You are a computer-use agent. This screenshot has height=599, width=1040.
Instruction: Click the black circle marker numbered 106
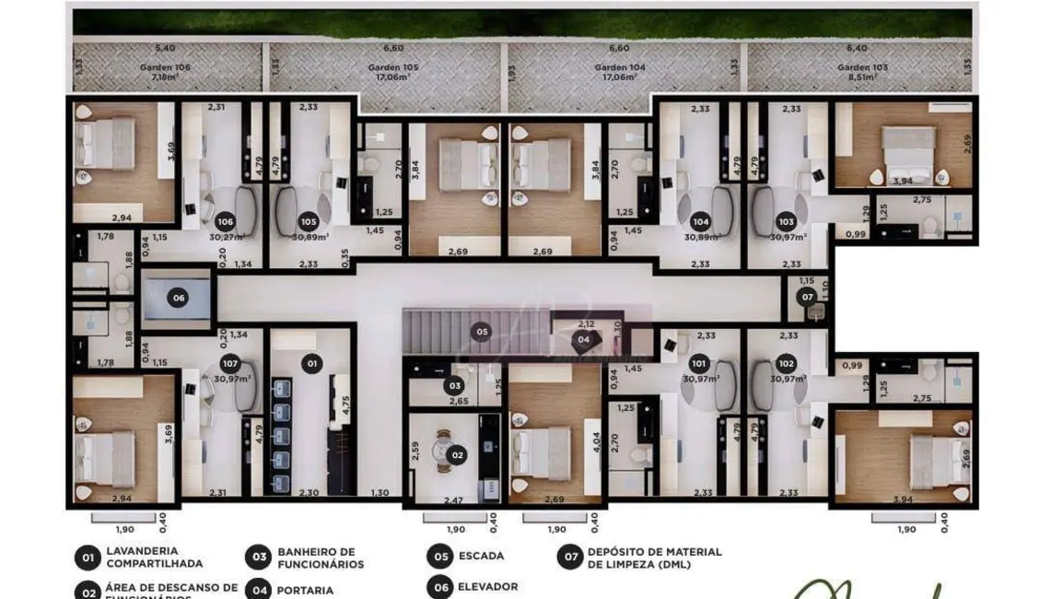point(225,221)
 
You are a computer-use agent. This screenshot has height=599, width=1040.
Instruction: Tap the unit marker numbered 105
point(309,221)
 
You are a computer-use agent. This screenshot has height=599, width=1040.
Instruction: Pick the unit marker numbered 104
point(700,221)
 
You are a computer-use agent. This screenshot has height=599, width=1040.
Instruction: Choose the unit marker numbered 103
point(786,221)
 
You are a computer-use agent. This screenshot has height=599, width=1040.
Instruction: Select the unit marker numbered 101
point(700,363)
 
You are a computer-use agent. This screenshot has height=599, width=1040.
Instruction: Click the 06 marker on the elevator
point(179,298)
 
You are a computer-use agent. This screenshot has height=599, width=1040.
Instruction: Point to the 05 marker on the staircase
point(481,331)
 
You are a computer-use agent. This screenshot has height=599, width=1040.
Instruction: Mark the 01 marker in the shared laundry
point(311,365)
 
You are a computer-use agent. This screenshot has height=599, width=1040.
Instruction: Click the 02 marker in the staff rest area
point(457,454)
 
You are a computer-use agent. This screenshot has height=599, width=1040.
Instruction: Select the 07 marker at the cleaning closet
point(807,297)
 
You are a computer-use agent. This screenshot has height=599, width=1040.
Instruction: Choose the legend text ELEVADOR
point(487,586)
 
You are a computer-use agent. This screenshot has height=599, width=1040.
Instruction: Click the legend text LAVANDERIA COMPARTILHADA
point(155,557)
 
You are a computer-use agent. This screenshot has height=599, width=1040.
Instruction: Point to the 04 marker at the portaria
point(584,339)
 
